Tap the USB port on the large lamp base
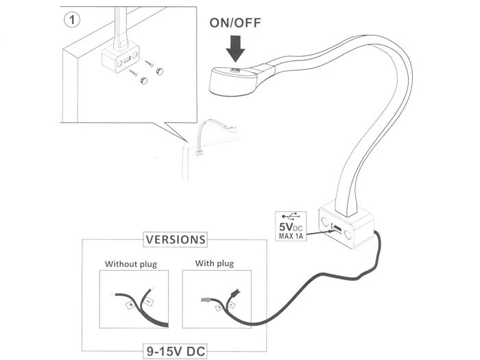click(x=333, y=228)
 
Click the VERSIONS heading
click(x=174, y=240)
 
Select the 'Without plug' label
click(x=131, y=263)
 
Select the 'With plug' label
click(x=215, y=263)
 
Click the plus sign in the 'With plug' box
click(x=219, y=307)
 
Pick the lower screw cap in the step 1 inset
click(x=144, y=81)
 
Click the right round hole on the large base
click(x=350, y=237)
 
